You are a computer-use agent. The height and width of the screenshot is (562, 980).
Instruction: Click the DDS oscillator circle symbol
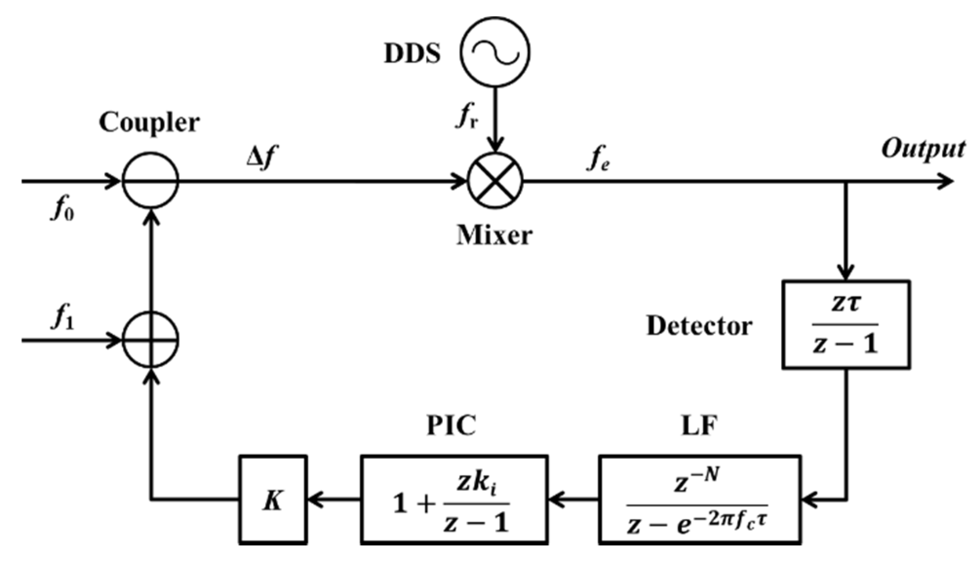pyautogui.click(x=495, y=53)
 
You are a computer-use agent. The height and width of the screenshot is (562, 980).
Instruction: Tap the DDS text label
pyautogui.click(x=412, y=54)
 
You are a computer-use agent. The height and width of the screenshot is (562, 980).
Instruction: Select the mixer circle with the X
pyautogui.click(x=495, y=181)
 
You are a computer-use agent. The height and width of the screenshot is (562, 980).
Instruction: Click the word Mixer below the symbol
pyautogui.click(x=494, y=236)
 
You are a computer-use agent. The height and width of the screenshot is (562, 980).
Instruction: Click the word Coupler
pyautogui.click(x=149, y=123)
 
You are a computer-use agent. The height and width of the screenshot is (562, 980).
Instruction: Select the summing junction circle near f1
pyautogui.click(x=150, y=339)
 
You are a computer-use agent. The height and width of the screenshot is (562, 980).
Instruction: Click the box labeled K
pyautogui.click(x=273, y=499)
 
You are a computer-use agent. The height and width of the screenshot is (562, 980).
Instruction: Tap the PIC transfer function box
pyautogui.click(x=454, y=499)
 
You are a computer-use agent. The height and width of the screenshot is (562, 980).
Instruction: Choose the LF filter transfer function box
pyautogui.click(x=699, y=499)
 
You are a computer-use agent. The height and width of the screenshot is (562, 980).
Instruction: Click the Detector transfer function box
pyautogui.click(x=845, y=324)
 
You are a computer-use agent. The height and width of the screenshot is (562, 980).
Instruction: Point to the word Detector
pyautogui.click(x=699, y=326)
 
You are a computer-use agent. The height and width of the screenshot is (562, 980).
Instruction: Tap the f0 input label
pyautogui.click(x=62, y=210)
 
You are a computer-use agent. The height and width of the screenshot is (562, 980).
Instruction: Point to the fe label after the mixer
pyautogui.click(x=598, y=159)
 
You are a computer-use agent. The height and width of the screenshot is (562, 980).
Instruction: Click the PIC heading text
pyautogui.click(x=451, y=425)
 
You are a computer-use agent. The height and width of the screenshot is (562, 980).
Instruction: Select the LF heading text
pyautogui.click(x=699, y=425)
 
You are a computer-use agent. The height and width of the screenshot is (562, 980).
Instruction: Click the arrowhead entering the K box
pyautogui.click(x=314, y=499)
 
